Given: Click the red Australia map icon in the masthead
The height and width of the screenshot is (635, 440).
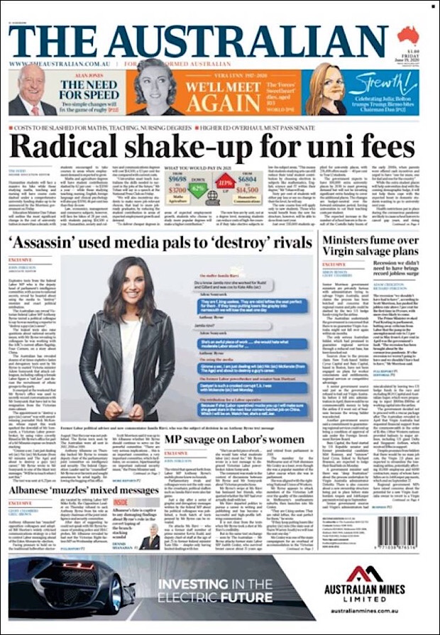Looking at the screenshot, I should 408,35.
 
